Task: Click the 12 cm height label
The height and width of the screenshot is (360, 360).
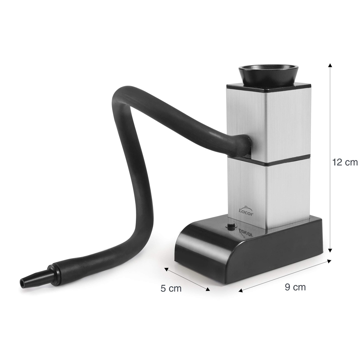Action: click(345, 157)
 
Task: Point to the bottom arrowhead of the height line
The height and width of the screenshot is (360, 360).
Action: click(330, 250)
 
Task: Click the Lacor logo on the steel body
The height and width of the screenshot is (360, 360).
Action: click(246, 212)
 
